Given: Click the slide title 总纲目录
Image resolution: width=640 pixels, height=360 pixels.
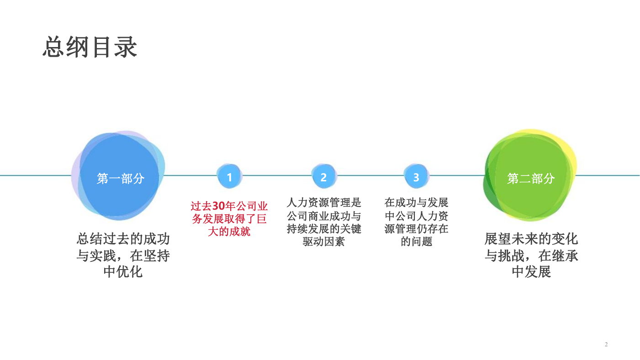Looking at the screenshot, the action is point(90,47).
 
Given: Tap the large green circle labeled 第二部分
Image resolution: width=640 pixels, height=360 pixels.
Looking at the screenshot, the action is point(530,175).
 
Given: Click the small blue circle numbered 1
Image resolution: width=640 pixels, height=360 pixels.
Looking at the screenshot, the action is point(229,176).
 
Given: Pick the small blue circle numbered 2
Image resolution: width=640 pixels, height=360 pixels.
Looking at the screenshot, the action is point(324,176).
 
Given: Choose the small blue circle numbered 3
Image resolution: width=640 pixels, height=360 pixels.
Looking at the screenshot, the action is point(416,176).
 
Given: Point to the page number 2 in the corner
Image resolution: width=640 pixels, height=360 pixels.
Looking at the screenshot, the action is point(606,344).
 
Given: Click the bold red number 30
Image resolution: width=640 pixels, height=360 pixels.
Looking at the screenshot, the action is point(219,206).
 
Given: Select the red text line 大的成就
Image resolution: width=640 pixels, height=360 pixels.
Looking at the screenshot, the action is point(229,232).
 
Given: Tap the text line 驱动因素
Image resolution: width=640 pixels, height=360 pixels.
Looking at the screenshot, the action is point(324,241).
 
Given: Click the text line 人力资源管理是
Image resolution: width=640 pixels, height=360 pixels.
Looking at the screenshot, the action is point(324,202).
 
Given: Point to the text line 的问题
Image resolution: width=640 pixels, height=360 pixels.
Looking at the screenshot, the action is point(417,241).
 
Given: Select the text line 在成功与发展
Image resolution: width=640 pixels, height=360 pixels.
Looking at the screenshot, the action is point(416,202).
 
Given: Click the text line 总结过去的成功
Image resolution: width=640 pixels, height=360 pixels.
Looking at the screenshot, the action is point(123,239).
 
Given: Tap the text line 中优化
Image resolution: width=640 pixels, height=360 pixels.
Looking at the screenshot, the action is point(123,272).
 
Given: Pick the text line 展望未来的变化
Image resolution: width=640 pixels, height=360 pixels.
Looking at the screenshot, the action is point(531,239).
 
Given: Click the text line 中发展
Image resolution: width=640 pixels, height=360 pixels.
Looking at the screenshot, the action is point(531,272).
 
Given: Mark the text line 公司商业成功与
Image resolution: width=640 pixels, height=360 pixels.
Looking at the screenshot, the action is point(324,216).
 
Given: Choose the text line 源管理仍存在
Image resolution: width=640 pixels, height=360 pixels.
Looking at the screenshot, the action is point(416,228).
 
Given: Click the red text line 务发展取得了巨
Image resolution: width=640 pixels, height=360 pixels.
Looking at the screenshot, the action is point(229,218).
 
